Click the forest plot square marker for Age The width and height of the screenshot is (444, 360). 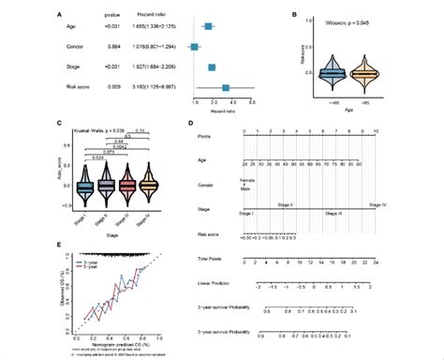point(208,28)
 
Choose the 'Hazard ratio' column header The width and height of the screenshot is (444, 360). point(153,15)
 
